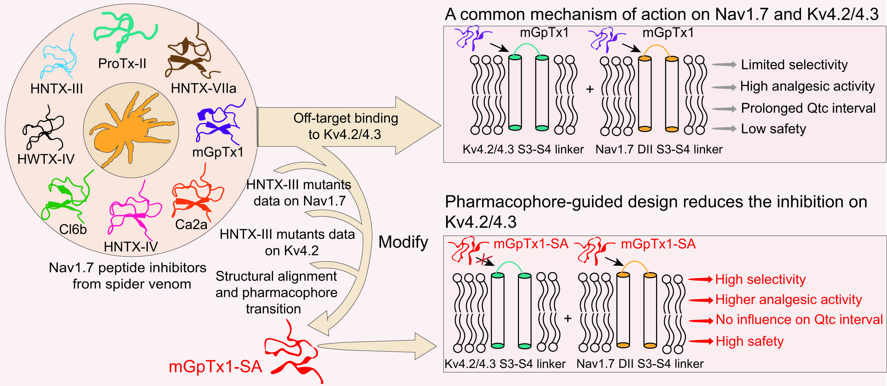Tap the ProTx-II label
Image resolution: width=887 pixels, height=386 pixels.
[x=122, y=64]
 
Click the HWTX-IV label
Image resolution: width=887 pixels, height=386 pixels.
[x=46, y=159]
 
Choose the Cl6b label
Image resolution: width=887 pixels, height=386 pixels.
[x=73, y=230]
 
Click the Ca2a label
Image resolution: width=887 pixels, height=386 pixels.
[x=191, y=225]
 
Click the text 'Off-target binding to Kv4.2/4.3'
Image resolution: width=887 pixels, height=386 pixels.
[x=345, y=126]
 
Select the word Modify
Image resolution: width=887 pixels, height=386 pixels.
[x=403, y=242]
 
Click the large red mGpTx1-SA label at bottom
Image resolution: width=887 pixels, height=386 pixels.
[x=215, y=367]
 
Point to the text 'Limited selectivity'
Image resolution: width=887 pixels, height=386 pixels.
[x=794, y=65]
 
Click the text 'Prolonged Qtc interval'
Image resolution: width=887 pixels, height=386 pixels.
[x=808, y=108]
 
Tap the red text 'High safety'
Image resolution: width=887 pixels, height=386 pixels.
[x=749, y=341]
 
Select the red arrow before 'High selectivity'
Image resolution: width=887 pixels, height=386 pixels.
[x=701, y=279]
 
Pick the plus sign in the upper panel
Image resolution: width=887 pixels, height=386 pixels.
[x=590, y=89]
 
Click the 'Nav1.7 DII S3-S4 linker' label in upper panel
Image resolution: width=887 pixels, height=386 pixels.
[x=659, y=149]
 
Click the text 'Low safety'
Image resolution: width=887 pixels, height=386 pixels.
[x=773, y=129]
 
